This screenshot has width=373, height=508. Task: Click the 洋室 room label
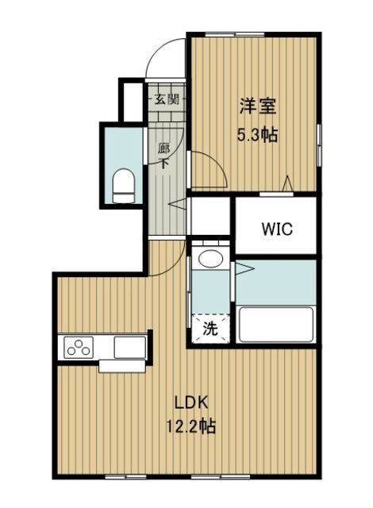(256, 104)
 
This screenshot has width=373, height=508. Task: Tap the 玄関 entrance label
(165, 99)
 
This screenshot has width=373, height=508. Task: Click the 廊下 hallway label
(164, 156)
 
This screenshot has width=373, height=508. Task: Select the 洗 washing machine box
(210, 326)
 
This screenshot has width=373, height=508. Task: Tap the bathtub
(277, 325)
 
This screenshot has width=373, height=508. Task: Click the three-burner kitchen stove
(79, 348)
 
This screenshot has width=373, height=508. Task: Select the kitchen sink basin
(130, 348)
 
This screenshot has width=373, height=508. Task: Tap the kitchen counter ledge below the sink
(120, 366)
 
